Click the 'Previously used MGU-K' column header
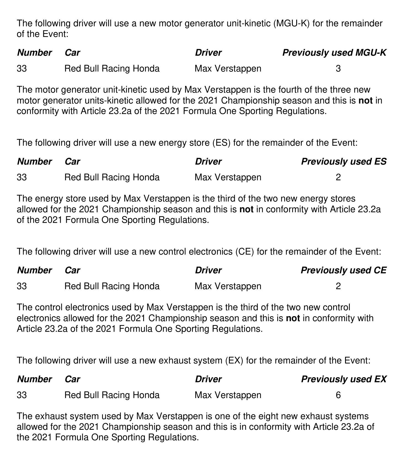tap(334, 53)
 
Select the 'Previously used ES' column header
tap(343, 162)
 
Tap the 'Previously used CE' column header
tap(343, 270)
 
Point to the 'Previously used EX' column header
tap(343, 379)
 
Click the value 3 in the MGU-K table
tap(338, 69)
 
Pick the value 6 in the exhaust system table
tap(338, 395)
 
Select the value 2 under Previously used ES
tap(338, 177)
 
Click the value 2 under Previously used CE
tap(338, 286)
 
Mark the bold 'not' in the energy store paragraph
tap(246, 210)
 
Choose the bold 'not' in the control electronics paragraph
tap(293, 318)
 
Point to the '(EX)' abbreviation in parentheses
tap(234, 361)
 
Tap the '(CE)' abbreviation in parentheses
tap(245, 252)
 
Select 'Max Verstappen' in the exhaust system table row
tap(228, 395)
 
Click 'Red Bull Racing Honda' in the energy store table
tap(112, 177)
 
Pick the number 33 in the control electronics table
tap(22, 286)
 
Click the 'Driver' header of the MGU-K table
tap(208, 53)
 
